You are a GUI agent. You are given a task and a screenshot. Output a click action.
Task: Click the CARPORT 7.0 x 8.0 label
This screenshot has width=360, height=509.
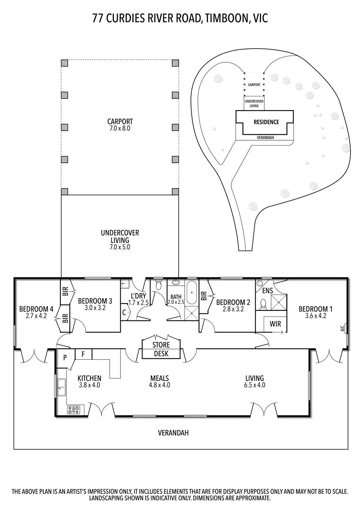point(120,125)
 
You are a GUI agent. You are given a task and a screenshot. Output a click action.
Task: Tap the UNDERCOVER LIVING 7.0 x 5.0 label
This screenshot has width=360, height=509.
point(120,240)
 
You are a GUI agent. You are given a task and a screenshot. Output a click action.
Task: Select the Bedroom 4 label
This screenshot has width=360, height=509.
point(36,312)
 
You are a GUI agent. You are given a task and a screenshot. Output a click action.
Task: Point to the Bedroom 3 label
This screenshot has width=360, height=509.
point(95,304)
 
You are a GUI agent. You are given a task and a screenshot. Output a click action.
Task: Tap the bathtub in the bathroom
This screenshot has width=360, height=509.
point(192,292)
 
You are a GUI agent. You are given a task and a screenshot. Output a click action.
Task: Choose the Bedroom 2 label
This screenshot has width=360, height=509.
point(233,305)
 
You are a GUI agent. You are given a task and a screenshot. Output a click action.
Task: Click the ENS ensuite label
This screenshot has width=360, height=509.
point(268,291)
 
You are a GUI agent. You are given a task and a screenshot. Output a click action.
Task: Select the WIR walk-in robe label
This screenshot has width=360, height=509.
point(275,324)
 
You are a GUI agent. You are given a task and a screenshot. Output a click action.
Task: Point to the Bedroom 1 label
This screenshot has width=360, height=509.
point(315,312)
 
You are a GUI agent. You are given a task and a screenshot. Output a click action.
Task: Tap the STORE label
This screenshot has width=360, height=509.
point(161,345)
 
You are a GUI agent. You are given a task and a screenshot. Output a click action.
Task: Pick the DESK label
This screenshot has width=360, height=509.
point(161,354)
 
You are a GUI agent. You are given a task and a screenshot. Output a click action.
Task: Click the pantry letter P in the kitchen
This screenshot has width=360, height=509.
point(65,358)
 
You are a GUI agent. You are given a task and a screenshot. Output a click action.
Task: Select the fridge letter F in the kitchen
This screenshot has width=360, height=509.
point(83,354)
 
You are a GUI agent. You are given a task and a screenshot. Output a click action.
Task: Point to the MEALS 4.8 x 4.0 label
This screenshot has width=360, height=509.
point(160,381)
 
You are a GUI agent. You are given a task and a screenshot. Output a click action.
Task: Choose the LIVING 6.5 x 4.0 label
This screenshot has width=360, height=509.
point(255,381)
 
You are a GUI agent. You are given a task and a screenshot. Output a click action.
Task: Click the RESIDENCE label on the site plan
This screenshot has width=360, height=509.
point(266,122)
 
